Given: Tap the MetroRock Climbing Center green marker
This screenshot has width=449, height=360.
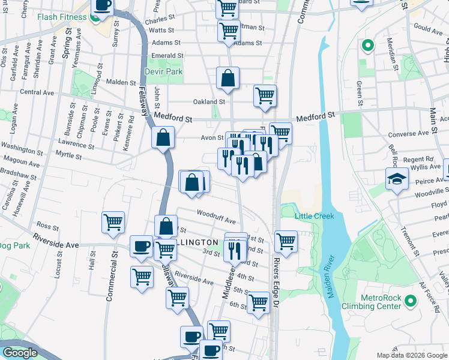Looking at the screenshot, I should tap(411, 300).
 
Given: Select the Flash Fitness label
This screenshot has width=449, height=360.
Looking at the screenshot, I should tap(62, 17).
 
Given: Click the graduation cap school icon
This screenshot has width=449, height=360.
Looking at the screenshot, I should tap(396, 178).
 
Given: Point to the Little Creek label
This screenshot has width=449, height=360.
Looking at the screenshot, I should tap(312, 216).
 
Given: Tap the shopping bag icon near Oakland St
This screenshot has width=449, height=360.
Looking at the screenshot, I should tap(228, 78).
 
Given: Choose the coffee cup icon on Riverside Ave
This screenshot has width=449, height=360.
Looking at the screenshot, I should tap(142, 246).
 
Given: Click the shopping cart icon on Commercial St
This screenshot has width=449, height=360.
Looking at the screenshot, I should tap(113, 223).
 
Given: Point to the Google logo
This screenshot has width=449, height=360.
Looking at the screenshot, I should tap(20, 353).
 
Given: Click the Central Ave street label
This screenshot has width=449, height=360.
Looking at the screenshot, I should tap(37, 92).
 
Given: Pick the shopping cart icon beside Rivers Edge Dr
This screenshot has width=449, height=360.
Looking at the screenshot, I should tap(286, 241).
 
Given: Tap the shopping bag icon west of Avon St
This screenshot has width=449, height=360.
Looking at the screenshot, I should tap(163, 138).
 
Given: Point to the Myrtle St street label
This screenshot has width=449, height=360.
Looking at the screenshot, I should tap(68, 157).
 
